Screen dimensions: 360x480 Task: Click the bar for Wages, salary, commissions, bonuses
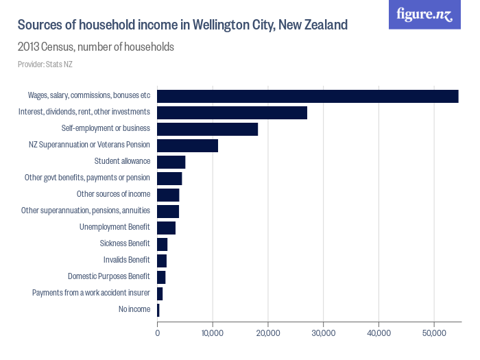click(x=307, y=96)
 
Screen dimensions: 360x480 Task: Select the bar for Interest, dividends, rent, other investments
click(x=232, y=112)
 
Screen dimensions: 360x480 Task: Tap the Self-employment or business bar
click(x=207, y=129)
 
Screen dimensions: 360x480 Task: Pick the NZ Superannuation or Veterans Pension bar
click(x=187, y=145)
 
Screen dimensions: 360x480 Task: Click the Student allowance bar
click(x=171, y=162)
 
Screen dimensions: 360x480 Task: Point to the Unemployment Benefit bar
click(x=166, y=228)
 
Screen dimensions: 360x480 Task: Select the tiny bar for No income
click(x=158, y=310)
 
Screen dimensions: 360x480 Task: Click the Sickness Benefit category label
click(x=124, y=243)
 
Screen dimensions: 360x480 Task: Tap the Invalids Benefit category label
click(x=126, y=260)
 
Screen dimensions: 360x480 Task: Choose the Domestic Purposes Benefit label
click(x=108, y=276)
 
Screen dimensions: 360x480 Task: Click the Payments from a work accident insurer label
click(x=91, y=293)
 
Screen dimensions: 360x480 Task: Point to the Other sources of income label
click(x=113, y=194)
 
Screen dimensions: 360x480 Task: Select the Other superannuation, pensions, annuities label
click(x=86, y=211)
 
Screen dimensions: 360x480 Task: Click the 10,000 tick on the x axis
click(x=213, y=333)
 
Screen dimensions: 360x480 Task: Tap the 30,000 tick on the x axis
click(x=323, y=333)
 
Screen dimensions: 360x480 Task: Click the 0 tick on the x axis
click(x=158, y=333)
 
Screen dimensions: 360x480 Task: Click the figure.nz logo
click(x=424, y=14)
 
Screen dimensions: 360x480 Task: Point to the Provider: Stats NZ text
click(x=45, y=64)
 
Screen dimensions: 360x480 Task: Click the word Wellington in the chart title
click(x=225, y=25)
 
